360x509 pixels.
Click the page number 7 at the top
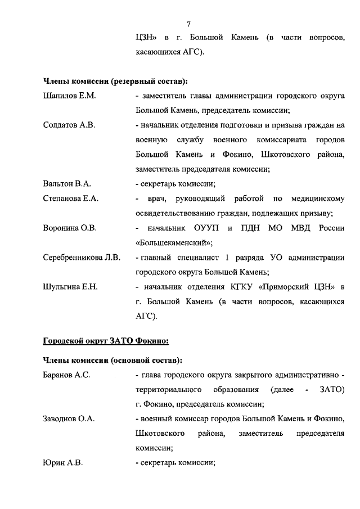189,23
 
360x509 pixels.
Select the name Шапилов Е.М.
70,96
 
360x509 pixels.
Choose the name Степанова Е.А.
71,199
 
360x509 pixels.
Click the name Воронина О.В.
70,228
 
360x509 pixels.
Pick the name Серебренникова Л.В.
82,258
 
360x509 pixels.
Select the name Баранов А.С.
67,375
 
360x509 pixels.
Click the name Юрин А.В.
63,463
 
